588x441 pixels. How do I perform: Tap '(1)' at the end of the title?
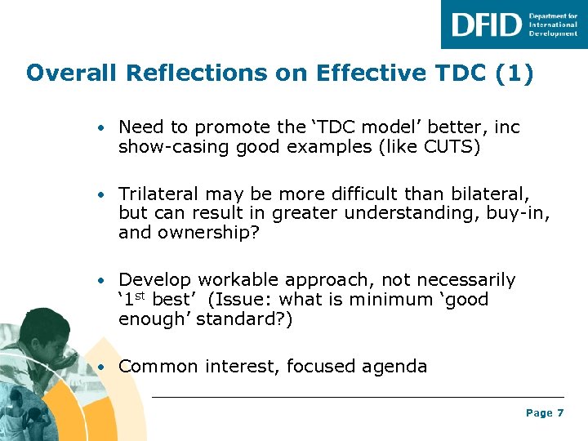(514, 73)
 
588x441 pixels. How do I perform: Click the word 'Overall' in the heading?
(73, 73)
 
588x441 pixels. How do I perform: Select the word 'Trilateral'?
(158, 194)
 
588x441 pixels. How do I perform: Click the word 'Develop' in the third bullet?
(156, 281)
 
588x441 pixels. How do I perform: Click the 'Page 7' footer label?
(545, 413)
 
